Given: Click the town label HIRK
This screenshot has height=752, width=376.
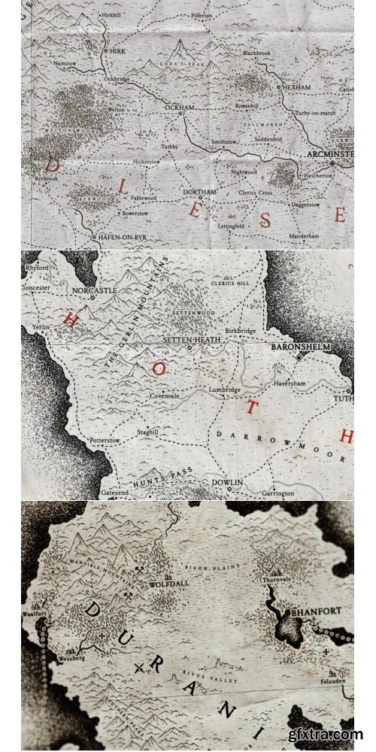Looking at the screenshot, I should pos(117,51).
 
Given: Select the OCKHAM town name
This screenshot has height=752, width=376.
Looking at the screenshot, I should pos(180,108).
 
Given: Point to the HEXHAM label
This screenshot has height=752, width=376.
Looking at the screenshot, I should pos(297,87).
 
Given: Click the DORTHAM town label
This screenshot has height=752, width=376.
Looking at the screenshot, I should pos(200,193).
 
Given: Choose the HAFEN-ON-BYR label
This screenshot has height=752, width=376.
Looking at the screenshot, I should pos(124,236).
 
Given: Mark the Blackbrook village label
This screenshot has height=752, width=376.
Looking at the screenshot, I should pos(256,53).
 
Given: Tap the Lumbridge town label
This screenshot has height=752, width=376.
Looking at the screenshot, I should pos(225,390).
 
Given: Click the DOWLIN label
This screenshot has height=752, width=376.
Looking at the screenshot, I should pos(226,481).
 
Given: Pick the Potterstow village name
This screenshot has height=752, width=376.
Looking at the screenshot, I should pos(105,439).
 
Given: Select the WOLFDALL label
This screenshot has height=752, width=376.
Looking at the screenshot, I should pos(169,581).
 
